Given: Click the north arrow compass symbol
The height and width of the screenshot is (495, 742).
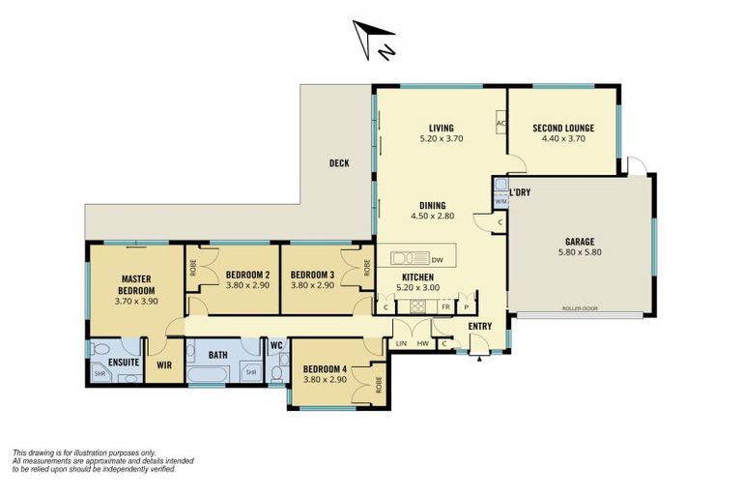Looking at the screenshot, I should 374,40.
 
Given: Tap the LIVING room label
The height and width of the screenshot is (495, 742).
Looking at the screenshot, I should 442,128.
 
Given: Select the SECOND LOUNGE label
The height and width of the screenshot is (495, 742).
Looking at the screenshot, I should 562,128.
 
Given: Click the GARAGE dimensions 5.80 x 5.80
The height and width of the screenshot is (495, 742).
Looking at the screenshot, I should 580,252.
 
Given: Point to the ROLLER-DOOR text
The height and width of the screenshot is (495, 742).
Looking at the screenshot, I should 580,308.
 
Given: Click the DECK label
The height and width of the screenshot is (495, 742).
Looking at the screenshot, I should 338,163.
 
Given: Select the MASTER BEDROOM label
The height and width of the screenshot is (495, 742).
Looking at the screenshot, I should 136,284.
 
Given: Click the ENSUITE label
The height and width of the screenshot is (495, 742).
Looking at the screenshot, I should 123,363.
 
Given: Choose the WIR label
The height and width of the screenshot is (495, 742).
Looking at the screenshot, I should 163,365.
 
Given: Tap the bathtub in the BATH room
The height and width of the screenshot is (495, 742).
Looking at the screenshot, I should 210,373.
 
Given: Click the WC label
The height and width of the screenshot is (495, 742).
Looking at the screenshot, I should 275,345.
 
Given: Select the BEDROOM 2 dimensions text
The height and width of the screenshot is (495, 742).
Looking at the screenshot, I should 234,285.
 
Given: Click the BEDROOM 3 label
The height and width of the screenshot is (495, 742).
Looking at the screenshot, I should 313,274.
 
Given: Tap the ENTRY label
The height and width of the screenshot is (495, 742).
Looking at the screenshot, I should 480,326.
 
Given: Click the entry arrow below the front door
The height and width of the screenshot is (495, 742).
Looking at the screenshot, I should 480,359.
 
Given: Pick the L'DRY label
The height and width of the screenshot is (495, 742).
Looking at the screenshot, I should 520,191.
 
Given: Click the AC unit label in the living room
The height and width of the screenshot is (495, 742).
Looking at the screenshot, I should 500,124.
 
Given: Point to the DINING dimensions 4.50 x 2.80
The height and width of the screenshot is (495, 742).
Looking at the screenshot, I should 432,216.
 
